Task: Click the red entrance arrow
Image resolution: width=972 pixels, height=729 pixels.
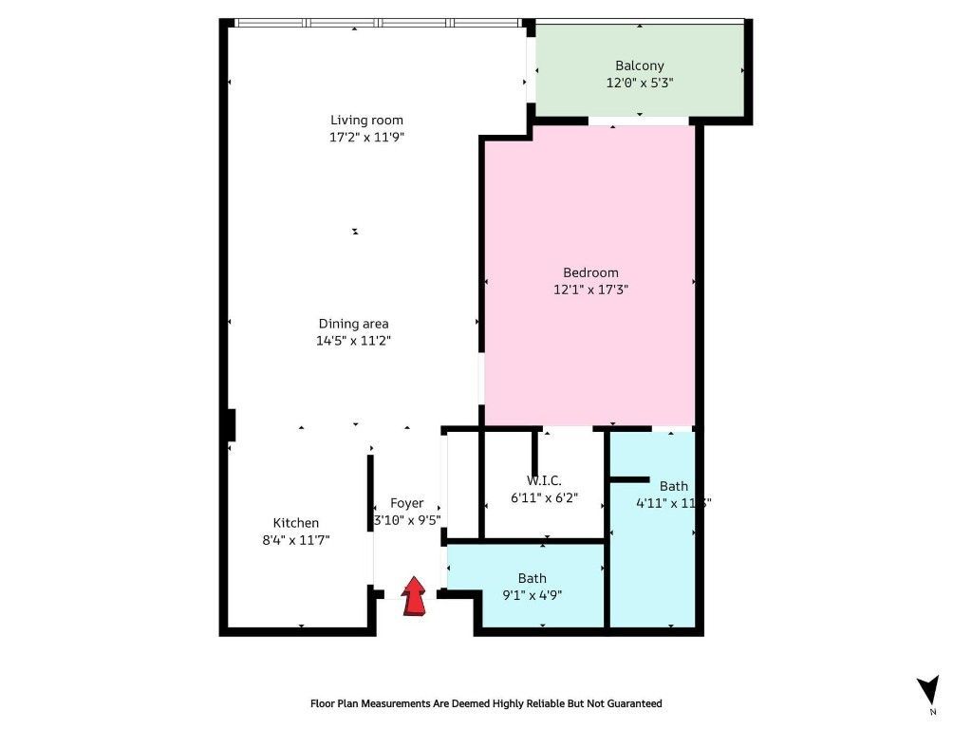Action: click(415, 598)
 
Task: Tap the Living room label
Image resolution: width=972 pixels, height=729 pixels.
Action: click(366, 120)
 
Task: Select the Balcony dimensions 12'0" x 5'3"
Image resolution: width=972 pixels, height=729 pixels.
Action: click(640, 84)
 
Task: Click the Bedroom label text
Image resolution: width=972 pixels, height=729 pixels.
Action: click(590, 272)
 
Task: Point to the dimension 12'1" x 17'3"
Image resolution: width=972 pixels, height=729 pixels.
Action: click(590, 290)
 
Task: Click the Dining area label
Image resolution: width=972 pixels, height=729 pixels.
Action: click(353, 324)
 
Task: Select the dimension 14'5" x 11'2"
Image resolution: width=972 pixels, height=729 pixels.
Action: click(353, 341)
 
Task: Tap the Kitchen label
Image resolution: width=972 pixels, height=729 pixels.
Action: click(296, 523)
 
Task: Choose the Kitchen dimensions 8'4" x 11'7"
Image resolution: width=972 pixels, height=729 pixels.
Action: click(296, 540)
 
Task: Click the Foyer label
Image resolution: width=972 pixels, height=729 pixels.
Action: click(407, 503)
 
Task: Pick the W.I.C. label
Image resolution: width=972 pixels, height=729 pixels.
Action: click(544, 480)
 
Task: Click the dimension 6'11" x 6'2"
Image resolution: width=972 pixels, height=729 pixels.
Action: click(544, 497)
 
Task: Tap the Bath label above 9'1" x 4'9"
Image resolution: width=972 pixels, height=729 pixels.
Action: click(532, 578)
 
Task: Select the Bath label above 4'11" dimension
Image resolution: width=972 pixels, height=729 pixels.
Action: click(674, 486)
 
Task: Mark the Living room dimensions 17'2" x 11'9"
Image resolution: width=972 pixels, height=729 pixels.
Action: click(366, 137)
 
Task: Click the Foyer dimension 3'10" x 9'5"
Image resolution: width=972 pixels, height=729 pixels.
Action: click(407, 520)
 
